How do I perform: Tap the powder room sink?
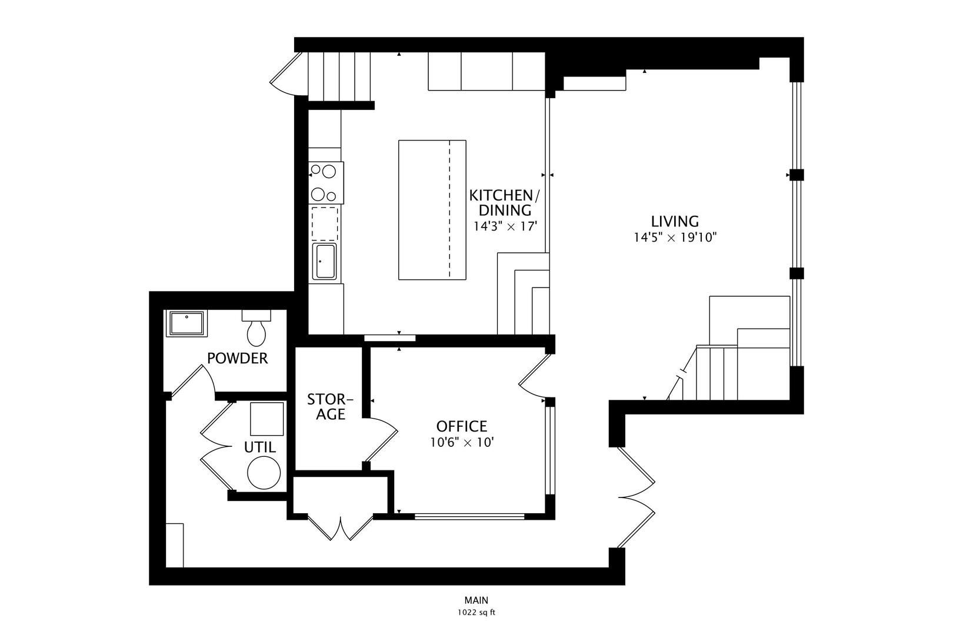point(186,324)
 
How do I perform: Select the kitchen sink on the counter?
point(325,261)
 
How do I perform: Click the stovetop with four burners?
point(325,183)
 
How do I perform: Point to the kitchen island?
point(432,209)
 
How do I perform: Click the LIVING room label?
point(675,222)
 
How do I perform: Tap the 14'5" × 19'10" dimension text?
point(675,238)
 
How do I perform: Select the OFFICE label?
point(462,426)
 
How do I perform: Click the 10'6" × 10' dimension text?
point(462,442)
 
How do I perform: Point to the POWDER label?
point(238,358)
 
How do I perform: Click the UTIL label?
point(260,447)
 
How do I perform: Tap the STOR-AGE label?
point(331,407)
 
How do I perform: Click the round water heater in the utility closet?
point(264,473)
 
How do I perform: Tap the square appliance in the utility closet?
point(267,419)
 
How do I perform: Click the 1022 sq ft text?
point(476,613)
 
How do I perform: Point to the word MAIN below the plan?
point(476,600)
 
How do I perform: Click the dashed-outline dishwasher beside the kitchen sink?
point(325,223)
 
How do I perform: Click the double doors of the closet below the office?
point(341,528)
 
